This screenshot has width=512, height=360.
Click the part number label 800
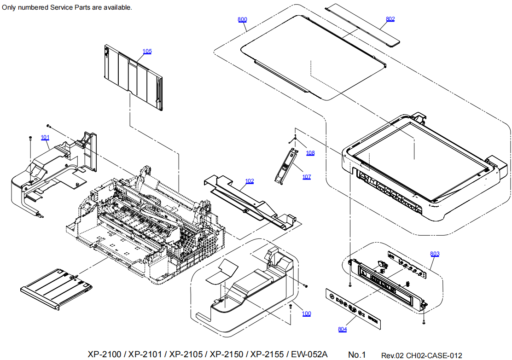click(242, 19)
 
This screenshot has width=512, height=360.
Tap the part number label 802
click(390, 19)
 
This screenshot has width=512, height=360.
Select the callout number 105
click(147, 51)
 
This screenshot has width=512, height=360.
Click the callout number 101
click(45, 137)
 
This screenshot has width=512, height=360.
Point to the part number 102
click(249, 181)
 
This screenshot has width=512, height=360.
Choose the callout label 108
click(311, 153)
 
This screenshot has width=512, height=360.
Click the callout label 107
click(307, 177)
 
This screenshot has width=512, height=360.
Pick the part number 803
click(435, 254)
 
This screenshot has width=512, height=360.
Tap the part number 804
click(342, 329)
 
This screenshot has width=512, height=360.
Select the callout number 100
click(306, 314)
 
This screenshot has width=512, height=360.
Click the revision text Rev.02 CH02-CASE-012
click(421, 355)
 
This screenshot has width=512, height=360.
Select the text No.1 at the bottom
click(356, 354)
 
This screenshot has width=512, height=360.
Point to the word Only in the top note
click(9, 7)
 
